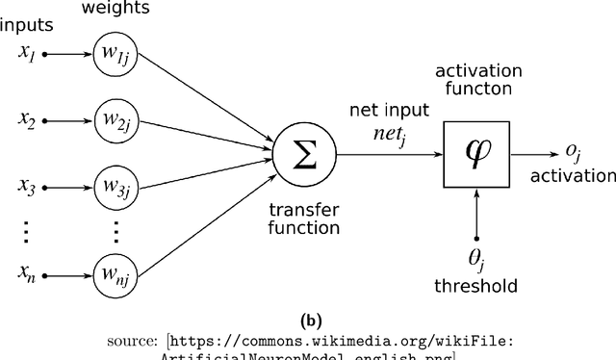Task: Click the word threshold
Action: [476, 286]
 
